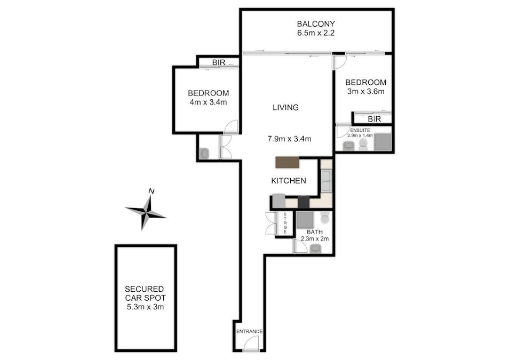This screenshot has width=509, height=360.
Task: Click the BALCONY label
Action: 315,23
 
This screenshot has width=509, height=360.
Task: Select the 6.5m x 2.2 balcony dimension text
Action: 315,33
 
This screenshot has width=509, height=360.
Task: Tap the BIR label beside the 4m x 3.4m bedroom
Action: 218,62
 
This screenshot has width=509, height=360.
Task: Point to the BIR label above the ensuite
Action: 375,119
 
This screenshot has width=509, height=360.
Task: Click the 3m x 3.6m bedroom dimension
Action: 365,92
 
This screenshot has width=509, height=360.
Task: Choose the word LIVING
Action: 285,107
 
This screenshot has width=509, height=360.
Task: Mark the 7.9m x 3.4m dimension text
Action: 289,139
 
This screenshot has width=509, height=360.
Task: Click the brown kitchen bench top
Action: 287,162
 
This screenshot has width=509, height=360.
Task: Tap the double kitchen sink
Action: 326,181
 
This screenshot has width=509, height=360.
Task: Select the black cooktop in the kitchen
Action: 304,202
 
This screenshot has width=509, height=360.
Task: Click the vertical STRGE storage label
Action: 285,223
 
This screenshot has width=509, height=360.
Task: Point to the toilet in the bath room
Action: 324,218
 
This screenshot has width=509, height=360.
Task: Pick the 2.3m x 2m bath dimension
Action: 315,238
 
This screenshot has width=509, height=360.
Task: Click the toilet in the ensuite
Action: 363,145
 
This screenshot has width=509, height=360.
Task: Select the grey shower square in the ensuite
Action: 383,142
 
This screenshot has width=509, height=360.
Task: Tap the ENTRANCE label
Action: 249,331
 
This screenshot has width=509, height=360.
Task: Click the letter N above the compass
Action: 151,191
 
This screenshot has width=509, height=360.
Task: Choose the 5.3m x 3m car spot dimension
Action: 146,307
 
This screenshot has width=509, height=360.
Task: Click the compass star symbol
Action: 146,213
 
